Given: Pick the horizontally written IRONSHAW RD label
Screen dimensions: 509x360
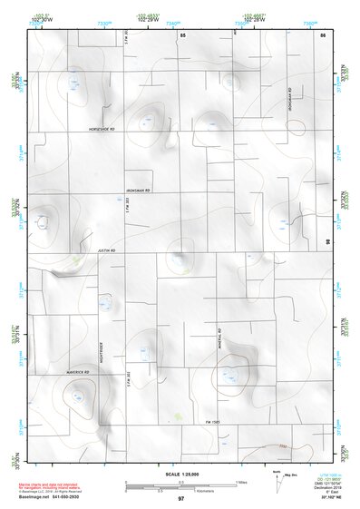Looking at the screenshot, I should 137,191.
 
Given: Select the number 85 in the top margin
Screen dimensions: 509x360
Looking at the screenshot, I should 182,34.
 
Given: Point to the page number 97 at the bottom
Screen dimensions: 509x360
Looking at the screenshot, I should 181,499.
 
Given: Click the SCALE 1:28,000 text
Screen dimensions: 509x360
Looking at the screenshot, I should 180,475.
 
